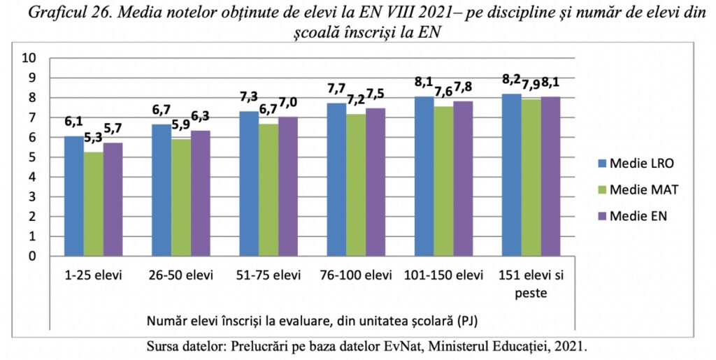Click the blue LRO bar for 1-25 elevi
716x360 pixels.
pyautogui.click(x=74, y=196)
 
